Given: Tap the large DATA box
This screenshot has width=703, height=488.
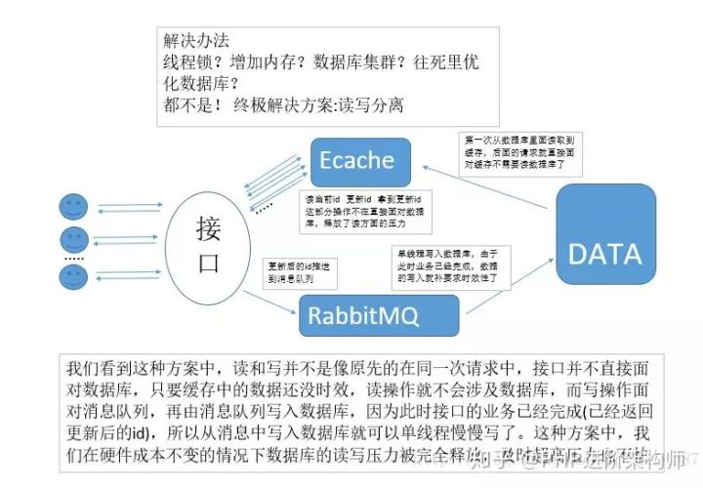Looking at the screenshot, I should [604, 255].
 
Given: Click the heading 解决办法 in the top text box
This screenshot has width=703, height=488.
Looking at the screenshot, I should [196, 41].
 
